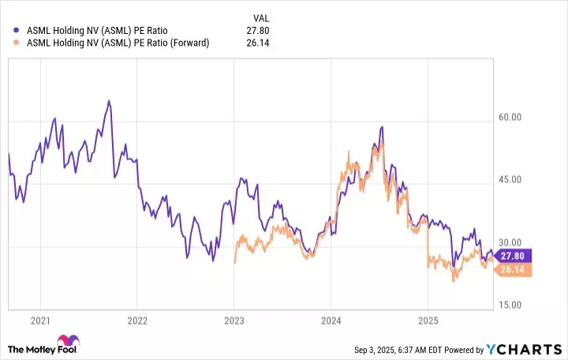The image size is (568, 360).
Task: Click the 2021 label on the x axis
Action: [x=40, y=321]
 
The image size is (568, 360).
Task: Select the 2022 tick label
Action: [x=137, y=321]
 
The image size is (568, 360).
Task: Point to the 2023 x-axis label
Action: [x=234, y=321]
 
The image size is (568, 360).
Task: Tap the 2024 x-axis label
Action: [x=331, y=321]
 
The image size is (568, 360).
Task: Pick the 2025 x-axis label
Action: [x=428, y=321]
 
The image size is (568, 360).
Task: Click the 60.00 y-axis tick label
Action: [x=511, y=117]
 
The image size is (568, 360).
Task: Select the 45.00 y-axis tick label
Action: [x=511, y=179]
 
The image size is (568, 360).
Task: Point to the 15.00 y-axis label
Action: [x=511, y=304]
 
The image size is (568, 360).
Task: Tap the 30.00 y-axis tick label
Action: [x=511, y=242]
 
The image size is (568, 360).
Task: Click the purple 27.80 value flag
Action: [x=514, y=255]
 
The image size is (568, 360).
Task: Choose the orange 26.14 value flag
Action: [x=514, y=269]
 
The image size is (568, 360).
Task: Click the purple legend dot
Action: [x=17, y=31]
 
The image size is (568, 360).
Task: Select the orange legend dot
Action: [x=17, y=43]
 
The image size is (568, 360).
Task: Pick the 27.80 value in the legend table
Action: [x=260, y=31]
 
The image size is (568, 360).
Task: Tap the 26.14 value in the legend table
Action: [x=260, y=43]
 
